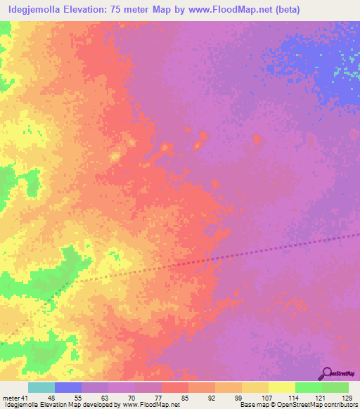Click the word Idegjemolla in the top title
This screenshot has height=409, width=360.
click(36, 9)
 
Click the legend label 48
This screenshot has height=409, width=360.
click(51, 397)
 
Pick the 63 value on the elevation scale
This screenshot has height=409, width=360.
click(105, 397)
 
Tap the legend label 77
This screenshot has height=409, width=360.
click(159, 397)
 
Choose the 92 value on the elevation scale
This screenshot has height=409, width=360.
click(212, 397)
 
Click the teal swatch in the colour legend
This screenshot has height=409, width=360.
click(41, 387)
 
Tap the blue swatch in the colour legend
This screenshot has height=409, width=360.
click(68, 387)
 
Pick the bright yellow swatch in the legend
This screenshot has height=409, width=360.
click(281, 387)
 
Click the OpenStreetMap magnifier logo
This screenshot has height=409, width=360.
click(327, 373)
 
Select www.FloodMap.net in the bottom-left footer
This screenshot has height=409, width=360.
click(150, 405)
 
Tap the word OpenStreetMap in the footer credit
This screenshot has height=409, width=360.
click(288, 405)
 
